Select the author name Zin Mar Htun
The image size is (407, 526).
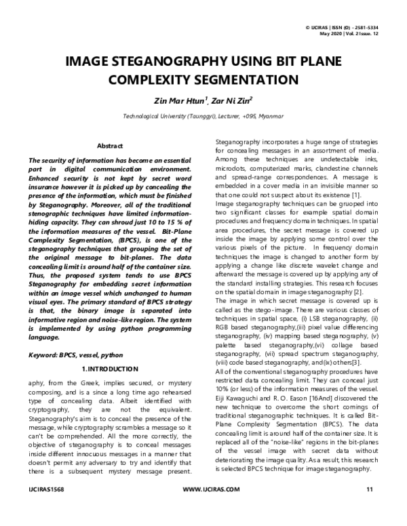tap(178, 101)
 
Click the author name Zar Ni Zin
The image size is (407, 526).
tap(231, 101)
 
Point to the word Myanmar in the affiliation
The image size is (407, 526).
tap(268, 117)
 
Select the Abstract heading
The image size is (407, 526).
tap(110, 146)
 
